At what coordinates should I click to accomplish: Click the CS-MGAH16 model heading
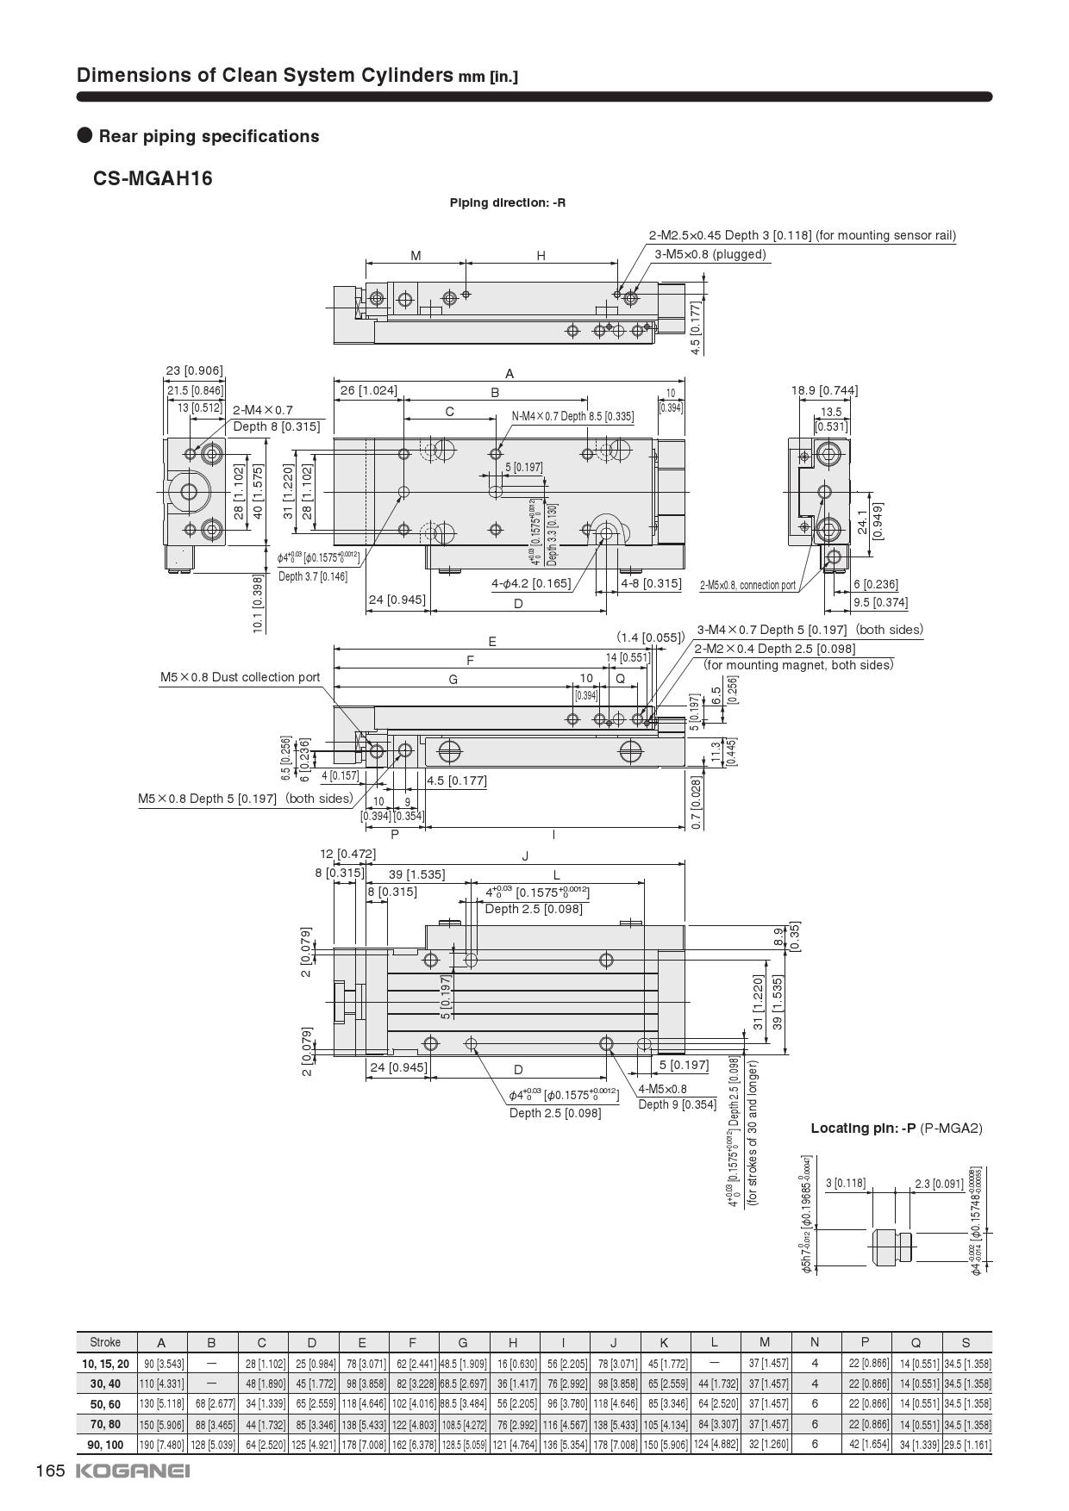pos(153,178)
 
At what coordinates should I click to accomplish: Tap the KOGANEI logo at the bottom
pos(133,1471)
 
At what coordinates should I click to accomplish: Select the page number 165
pos(50,1471)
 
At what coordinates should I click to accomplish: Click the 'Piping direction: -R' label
pos(507,202)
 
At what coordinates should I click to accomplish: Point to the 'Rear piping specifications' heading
pos(209,136)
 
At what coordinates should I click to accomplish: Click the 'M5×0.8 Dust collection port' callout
pos(240,677)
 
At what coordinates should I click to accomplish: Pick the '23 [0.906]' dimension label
pos(194,370)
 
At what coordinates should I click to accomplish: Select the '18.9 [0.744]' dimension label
pos(824,390)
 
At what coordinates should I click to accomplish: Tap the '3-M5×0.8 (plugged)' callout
pos(710,254)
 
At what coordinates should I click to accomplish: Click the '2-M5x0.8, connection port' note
pos(747,586)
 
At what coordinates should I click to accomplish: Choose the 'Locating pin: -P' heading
pos(896,1128)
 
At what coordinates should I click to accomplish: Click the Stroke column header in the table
pos(105,1342)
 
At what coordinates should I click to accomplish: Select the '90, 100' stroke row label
pos(105,1444)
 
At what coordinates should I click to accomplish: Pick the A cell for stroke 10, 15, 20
pos(161,1364)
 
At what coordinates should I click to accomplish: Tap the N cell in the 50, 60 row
pos(815,1404)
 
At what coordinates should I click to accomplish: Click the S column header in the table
pos(966,1342)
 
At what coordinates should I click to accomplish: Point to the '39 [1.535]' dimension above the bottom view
pos(416,874)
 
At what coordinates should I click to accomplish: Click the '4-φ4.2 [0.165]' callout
pos(531,583)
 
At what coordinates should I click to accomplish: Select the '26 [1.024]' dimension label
pos(368,390)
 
